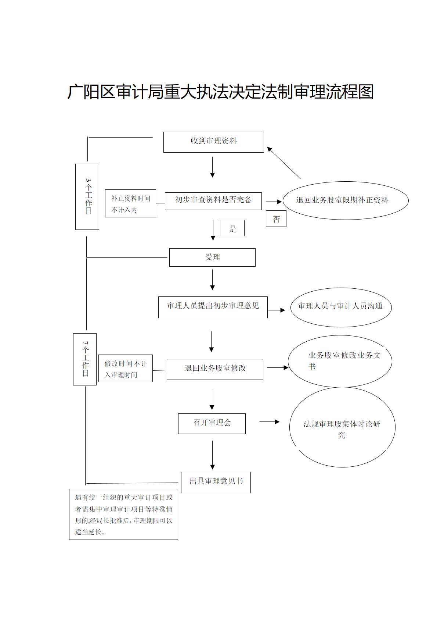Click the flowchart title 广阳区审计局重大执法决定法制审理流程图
220,92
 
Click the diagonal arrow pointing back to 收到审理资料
284,163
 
